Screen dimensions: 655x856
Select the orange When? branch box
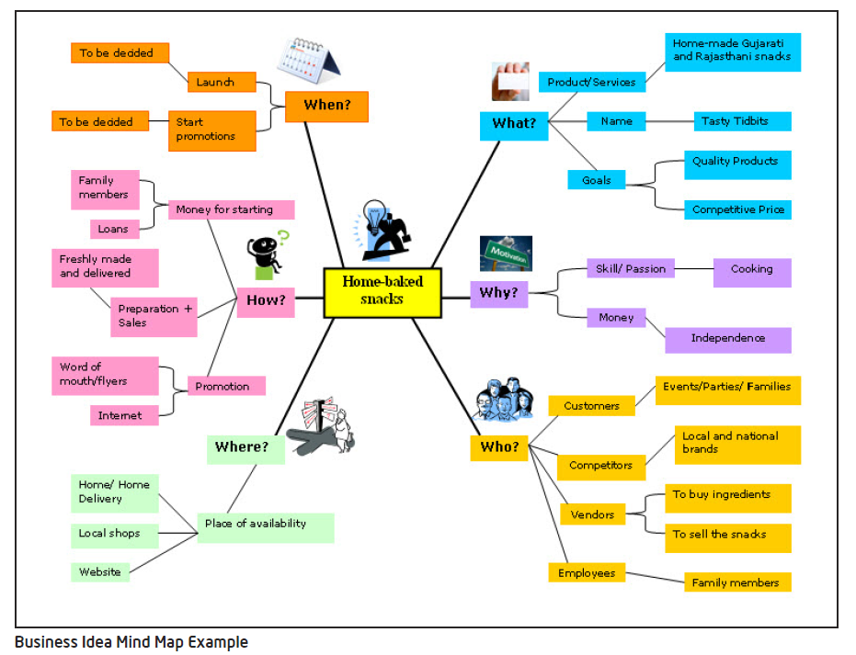[326, 106]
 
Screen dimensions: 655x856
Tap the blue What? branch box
[513, 123]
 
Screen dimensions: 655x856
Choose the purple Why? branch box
[499, 294]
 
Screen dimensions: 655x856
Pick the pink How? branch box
[266, 300]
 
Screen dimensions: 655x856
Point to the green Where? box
[241, 447]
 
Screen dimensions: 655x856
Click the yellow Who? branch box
[499, 447]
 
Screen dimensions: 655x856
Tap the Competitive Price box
[737, 209]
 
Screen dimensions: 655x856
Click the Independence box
[727, 338]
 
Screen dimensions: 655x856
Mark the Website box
[100, 571]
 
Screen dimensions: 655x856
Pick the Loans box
[115, 228]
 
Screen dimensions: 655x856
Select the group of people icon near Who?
[503, 401]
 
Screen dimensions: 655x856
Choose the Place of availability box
[265, 525]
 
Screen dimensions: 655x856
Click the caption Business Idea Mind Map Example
[131, 642]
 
